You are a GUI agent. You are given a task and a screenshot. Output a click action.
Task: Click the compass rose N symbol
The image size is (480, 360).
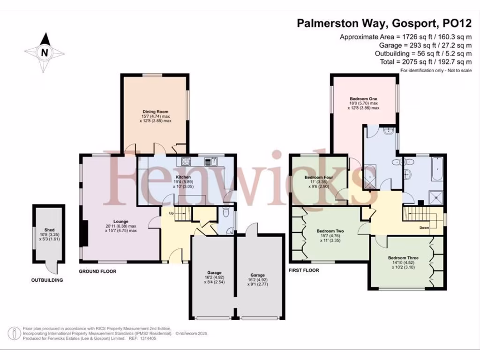pyautogui.click(x=45, y=52)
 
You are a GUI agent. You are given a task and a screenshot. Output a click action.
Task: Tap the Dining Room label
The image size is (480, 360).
pyautogui.click(x=155, y=112)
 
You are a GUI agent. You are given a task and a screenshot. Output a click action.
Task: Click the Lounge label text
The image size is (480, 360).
pyautogui.click(x=120, y=221)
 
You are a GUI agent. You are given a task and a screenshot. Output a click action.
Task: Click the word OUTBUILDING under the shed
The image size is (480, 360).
pyautogui.click(x=47, y=280)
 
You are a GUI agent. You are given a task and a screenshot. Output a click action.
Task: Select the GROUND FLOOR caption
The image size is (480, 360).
pyautogui.click(x=97, y=271)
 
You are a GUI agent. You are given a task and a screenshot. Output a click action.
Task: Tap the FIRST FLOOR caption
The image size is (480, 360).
pyautogui.click(x=304, y=270)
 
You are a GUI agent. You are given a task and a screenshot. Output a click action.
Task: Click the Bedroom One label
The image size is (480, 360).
pyautogui.click(x=364, y=99)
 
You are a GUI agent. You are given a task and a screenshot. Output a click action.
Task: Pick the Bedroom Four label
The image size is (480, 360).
pyautogui.click(x=318, y=178)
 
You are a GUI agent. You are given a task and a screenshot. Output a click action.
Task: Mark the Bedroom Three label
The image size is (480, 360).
pyautogui.click(x=403, y=258)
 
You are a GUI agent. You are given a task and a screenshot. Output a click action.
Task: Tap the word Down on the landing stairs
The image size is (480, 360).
pyautogui.click(x=424, y=228)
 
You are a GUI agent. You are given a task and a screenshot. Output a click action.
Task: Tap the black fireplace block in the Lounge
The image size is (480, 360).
pyautogui.click(x=84, y=233)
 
